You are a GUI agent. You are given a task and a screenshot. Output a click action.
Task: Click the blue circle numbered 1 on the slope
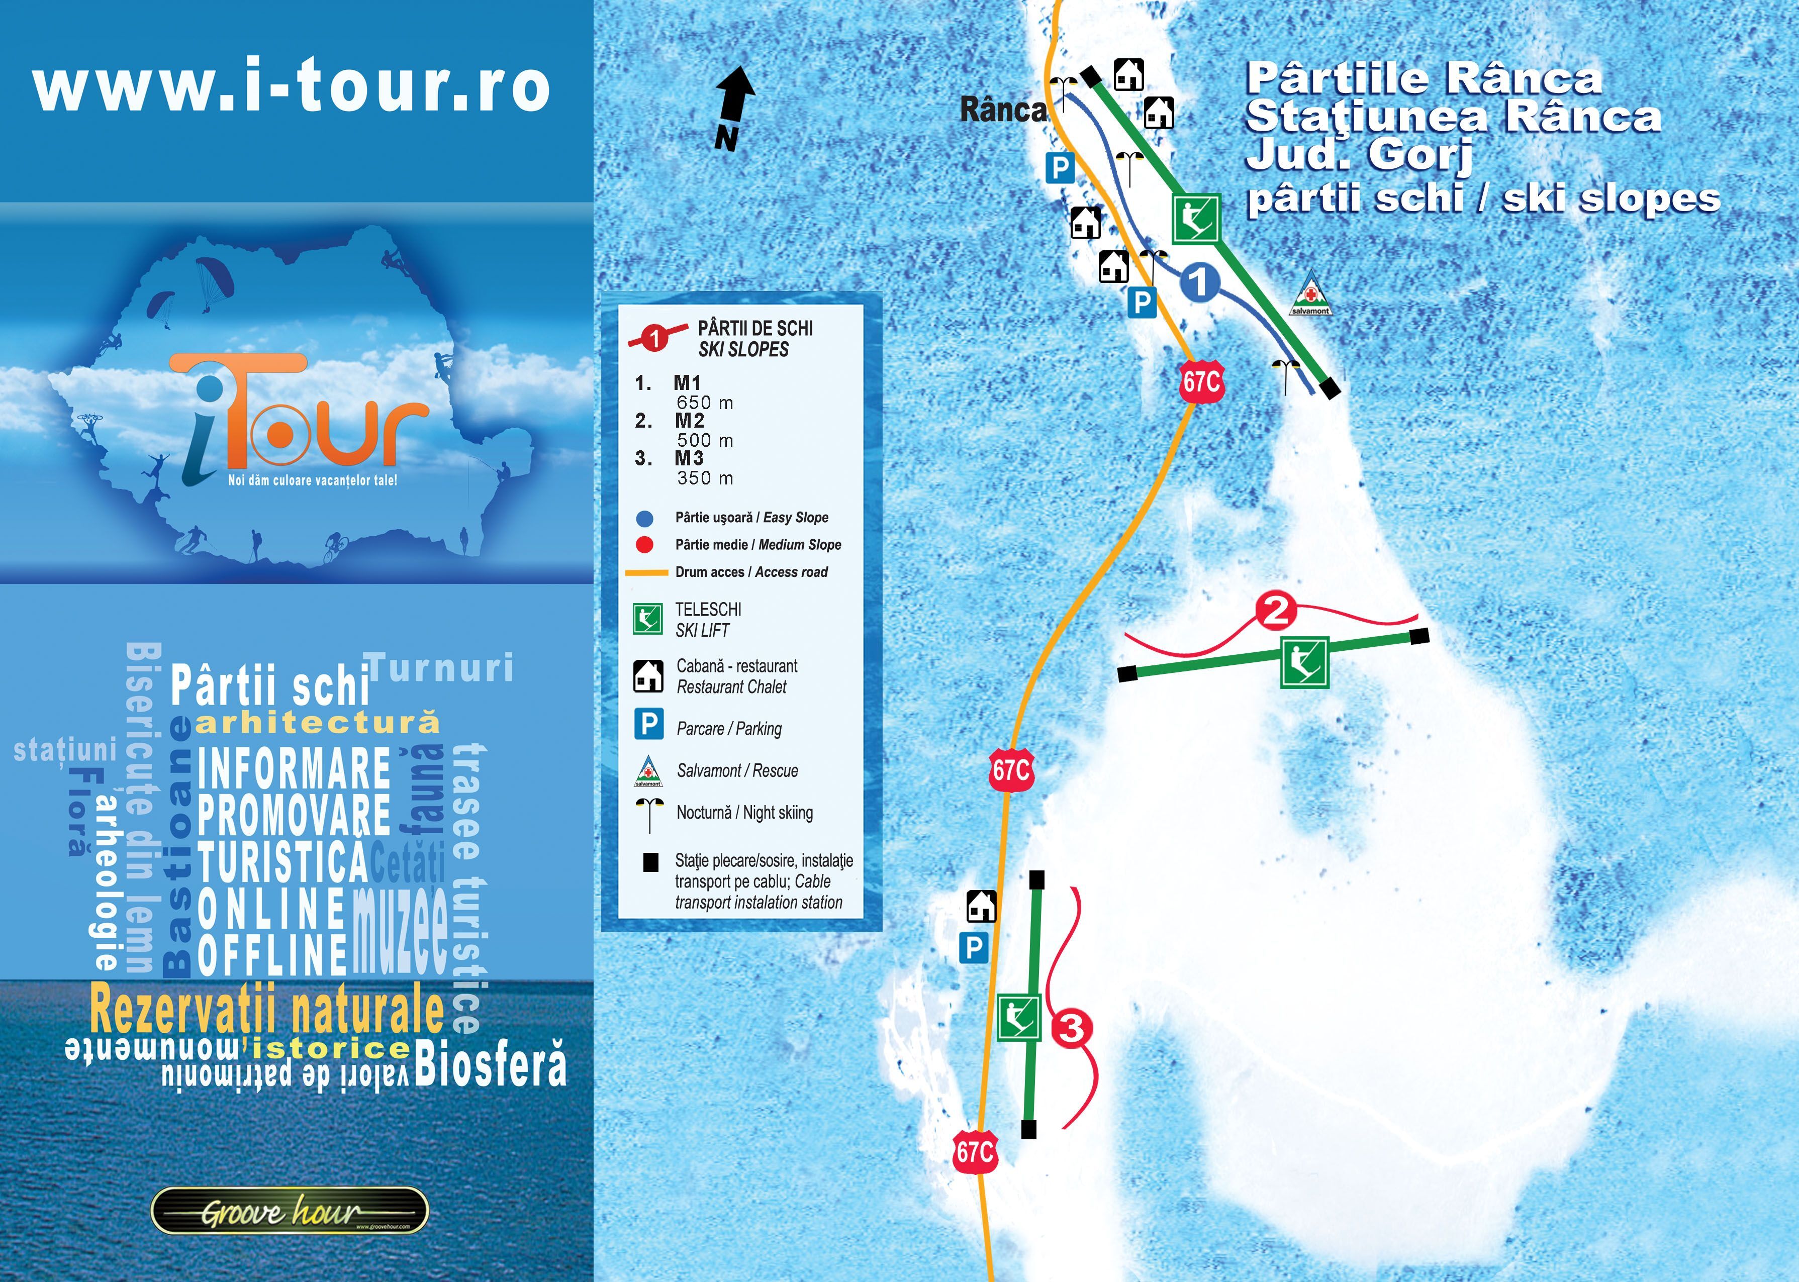coord(1199,282)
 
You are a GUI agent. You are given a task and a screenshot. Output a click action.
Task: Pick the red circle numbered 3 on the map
coord(1072,1028)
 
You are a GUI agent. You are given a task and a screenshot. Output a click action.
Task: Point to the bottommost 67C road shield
coord(975,1152)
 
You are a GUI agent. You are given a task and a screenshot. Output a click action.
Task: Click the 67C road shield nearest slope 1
coord(1201,382)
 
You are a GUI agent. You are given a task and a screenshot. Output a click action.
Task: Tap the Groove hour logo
coord(289,1210)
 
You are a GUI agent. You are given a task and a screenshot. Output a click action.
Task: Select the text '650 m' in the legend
coord(705,403)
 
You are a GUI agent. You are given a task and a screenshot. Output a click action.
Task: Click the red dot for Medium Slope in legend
coord(645,545)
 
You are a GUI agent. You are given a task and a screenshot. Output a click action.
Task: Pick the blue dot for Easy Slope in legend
coord(645,519)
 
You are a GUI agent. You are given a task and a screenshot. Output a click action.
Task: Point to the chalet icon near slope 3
coord(981,906)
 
